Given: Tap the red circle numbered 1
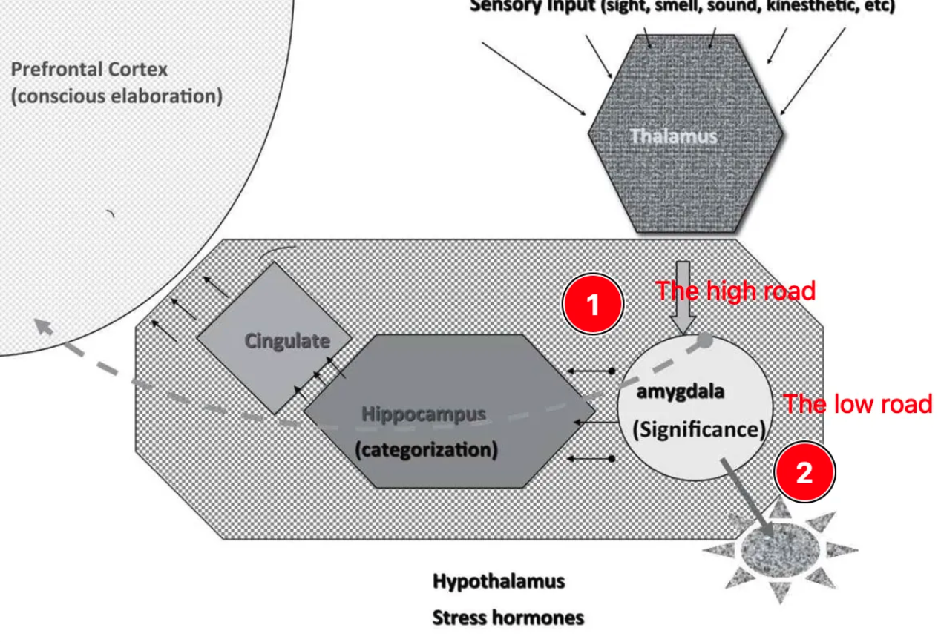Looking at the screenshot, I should click(593, 305).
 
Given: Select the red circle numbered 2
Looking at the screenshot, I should click(804, 473).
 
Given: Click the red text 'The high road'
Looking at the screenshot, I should click(735, 291).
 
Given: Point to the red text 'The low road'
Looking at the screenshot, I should click(857, 404).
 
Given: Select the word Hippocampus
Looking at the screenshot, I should click(424, 414).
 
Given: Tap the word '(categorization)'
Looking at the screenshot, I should click(427, 449).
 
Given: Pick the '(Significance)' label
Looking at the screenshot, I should click(698, 429).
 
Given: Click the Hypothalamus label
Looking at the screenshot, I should click(498, 581).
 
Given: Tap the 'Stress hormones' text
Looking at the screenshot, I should click(508, 617).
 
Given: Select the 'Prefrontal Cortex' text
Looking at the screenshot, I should click(89, 70).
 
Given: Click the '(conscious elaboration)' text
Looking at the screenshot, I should click(117, 97).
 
